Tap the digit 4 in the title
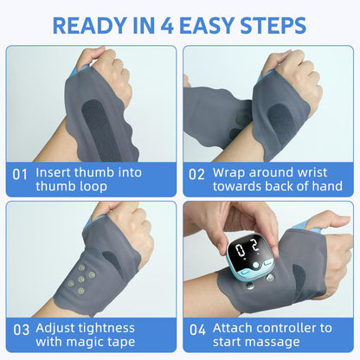pos(167,26)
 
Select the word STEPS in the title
pos(273,26)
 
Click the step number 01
pos(20,175)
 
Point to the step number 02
pos(196,175)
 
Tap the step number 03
pos(21,330)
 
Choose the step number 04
pos(197,330)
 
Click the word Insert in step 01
pos(53,172)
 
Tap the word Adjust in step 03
pos(55,329)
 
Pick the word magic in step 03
pos(87,343)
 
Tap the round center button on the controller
pos(255,265)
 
